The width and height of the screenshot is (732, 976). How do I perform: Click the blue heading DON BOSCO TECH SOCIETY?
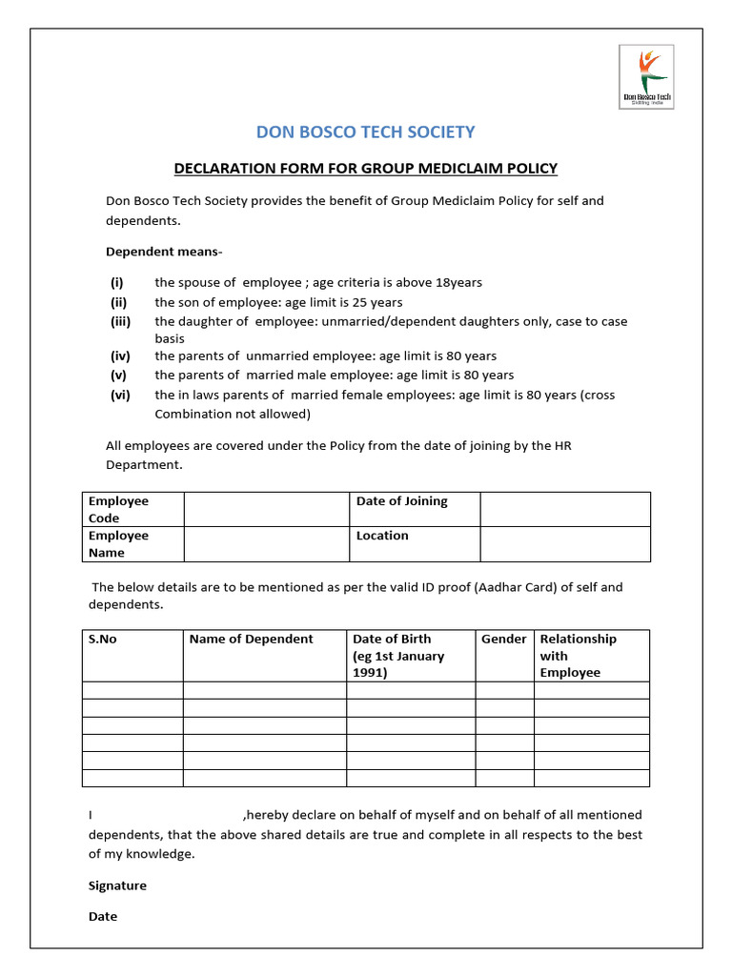tap(365, 132)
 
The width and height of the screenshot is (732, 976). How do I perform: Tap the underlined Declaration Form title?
tap(365, 169)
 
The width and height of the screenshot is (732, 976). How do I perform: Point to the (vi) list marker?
tap(120, 395)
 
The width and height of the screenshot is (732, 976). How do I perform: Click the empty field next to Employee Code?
tap(266, 509)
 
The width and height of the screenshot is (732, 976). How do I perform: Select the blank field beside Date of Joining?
tap(565, 509)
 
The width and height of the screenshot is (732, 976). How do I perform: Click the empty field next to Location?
tap(565, 543)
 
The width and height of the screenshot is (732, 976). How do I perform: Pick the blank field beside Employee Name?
tap(266, 543)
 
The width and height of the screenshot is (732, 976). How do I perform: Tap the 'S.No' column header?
tap(103, 639)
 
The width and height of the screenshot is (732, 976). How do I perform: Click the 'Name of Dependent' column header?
tap(251, 639)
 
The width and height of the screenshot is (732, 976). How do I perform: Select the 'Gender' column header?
tap(503, 639)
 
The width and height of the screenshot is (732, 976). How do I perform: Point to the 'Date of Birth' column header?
tap(392, 639)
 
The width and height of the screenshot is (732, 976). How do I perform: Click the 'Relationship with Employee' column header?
tap(578, 656)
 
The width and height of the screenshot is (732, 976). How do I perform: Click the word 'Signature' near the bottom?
tap(117, 885)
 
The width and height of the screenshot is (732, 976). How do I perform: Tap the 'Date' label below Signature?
tap(103, 916)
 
